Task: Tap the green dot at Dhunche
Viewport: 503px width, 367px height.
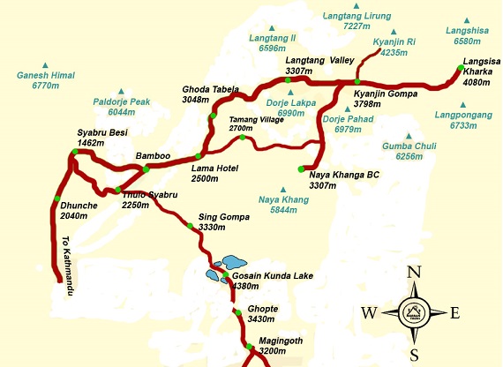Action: pyautogui.click(x=56, y=198)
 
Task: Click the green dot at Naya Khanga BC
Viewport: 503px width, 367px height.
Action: pyautogui.click(x=301, y=168)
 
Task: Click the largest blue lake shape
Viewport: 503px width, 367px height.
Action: pyautogui.click(x=234, y=262)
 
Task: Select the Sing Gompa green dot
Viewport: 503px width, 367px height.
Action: pyautogui.click(x=189, y=226)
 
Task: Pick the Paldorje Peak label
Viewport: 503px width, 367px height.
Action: pyautogui.click(x=122, y=107)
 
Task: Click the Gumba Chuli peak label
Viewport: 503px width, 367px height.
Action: pyautogui.click(x=404, y=151)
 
